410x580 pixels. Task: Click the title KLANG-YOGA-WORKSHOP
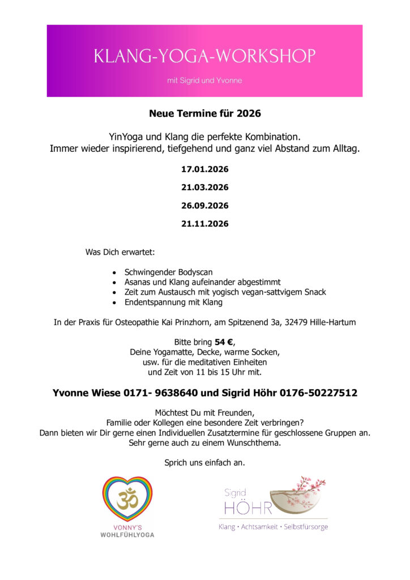pos(204,56)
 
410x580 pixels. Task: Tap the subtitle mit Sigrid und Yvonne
pos(204,80)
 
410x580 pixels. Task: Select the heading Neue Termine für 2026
pos(204,113)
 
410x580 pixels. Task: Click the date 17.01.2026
pos(204,169)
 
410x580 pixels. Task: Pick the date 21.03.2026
pos(204,187)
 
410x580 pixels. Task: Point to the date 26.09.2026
pos(204,206)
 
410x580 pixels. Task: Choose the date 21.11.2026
pos(204,224)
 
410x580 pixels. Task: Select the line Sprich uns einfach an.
pos(204,463)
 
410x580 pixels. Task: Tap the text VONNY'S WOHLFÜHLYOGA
pos(127,531)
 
